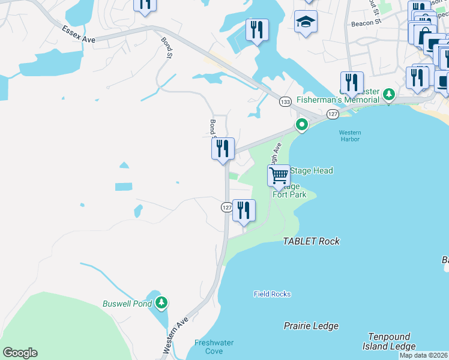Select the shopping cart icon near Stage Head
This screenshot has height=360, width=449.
(x=279, y=176)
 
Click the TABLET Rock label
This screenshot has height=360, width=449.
(x=311, y=241)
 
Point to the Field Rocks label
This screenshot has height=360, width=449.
(x=272, y=294)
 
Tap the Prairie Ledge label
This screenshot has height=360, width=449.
(x=311, y=326)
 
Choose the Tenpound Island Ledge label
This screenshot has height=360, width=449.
(x=388, y=341)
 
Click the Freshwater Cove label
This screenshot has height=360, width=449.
(x=214, y=347)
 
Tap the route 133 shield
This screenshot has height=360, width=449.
(x=285, y=102)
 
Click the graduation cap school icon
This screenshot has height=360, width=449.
(x=306, y=22)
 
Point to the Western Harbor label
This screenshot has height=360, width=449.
(x=349, y=136)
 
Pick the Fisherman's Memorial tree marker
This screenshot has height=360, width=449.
(x=389, y=94)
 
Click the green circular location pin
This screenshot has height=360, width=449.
(x=301, y=125)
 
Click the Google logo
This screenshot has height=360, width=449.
(x=20, y=353)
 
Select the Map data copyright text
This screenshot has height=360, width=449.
(x=424, y=355)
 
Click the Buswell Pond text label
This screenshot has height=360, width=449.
(x=127, y=304)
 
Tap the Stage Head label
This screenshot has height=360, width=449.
(x=311, y=170)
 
